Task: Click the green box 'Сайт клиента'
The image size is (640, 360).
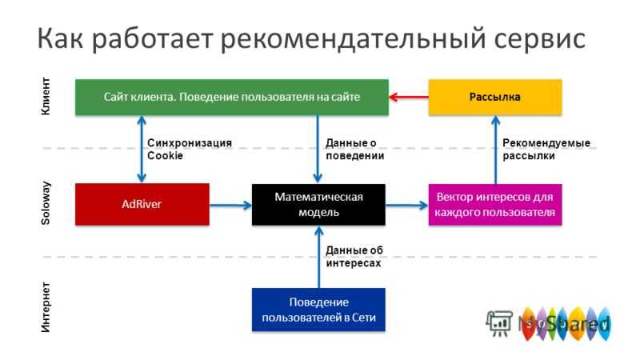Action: click(232, 97)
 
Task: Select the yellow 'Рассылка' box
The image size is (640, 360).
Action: click(495, 97)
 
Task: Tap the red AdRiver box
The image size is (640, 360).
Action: click(142, 204)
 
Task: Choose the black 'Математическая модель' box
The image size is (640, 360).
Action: click(318, 205)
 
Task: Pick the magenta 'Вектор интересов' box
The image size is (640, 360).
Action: click(495, 205)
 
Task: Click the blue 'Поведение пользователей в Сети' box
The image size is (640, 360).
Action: click(318, 310)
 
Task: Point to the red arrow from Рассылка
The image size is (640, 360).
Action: click(409, 97)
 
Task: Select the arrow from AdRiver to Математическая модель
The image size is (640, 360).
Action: click(230, 205)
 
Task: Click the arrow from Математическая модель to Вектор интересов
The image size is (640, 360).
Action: click(407, 206)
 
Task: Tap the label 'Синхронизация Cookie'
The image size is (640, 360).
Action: click(190, 149)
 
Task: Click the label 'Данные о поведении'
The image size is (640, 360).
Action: click(354, 149)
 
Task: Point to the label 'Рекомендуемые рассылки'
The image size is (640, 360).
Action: click(546, 149)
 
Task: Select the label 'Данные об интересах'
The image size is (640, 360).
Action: click(354, 256)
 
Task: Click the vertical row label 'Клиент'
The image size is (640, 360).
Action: click(46, 96)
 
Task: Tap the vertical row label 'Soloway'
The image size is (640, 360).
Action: click(46, 203)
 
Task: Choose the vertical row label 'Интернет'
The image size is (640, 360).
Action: click(46, 307)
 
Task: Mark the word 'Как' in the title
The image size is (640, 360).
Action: click(60, 38)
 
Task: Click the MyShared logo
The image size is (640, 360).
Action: click(549, 323)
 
